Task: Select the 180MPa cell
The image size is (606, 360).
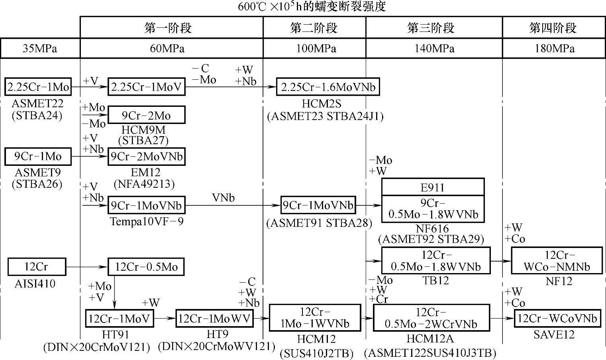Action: [554, 49]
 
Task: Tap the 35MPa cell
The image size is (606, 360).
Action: [40, 49]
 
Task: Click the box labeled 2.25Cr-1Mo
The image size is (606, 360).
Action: [38, 87]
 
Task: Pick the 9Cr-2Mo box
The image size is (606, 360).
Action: [146, 115]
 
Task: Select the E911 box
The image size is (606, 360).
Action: [433, 187]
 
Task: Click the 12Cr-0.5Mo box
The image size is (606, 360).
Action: [146, 267]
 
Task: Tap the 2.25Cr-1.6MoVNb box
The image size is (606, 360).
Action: [328, 87]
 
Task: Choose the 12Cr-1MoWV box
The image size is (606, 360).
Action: [214, 319]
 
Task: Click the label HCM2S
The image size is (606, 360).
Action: [322, 104]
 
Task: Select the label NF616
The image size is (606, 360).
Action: [432, 229]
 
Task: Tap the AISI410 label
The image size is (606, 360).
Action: [35, 284]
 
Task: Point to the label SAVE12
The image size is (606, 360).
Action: [554, 334]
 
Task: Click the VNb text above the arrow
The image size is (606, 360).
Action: [223, 198]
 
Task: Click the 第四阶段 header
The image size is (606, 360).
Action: [554, 28]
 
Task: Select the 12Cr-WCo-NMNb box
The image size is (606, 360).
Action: [557, 261]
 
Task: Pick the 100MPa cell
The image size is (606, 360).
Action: [315, 49]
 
